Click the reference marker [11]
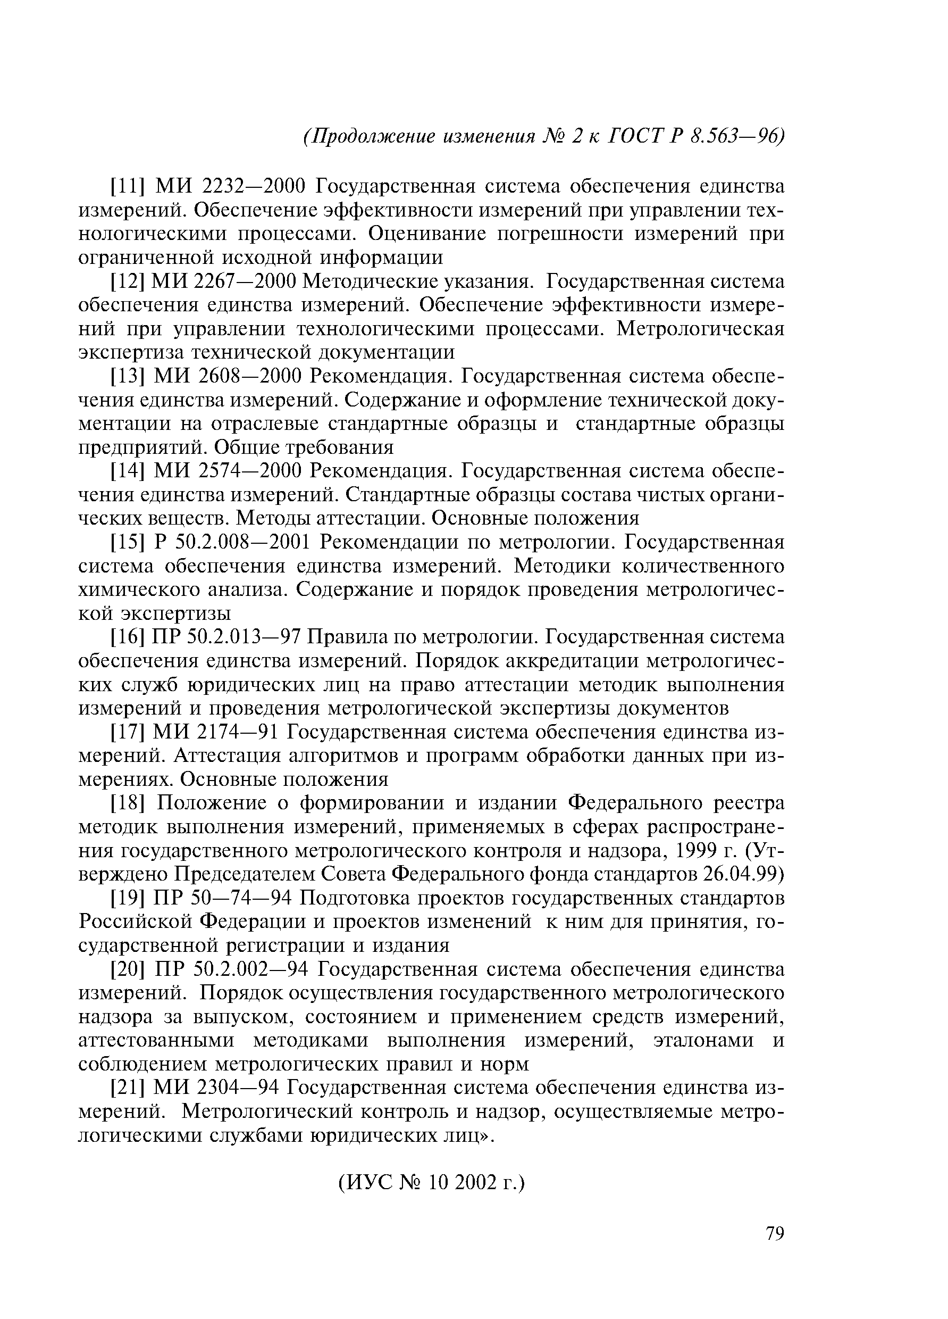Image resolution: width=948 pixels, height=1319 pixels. pyautogui.click(x=127, y=187)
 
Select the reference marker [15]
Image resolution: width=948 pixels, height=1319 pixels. pyautogui.click(x=127, y=543)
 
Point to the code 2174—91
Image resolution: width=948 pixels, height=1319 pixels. pyautogui.click(x=238, y=732)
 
